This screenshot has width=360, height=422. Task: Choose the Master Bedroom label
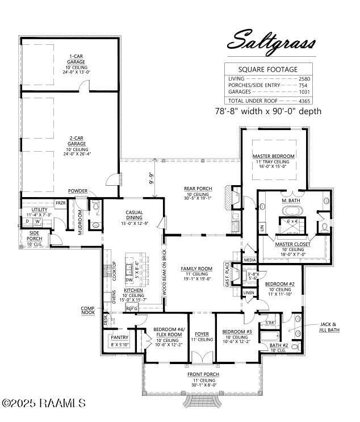[x=274, y=156]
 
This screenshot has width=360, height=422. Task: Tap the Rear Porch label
[x=197, y=189]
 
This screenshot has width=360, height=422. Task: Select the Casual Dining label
[x=135, y=212]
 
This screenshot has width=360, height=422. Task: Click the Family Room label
[x=196, y=268]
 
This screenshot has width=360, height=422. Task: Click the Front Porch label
[x=203, y=374]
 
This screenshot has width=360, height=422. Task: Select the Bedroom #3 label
[x=237, y=331]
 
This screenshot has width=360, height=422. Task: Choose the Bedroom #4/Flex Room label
[x=168, y=332]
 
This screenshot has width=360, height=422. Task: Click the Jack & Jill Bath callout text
[x=329, y=326]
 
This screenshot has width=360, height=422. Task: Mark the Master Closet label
[x=292, y=244]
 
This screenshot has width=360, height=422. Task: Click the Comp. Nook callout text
[x=89, y=310]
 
